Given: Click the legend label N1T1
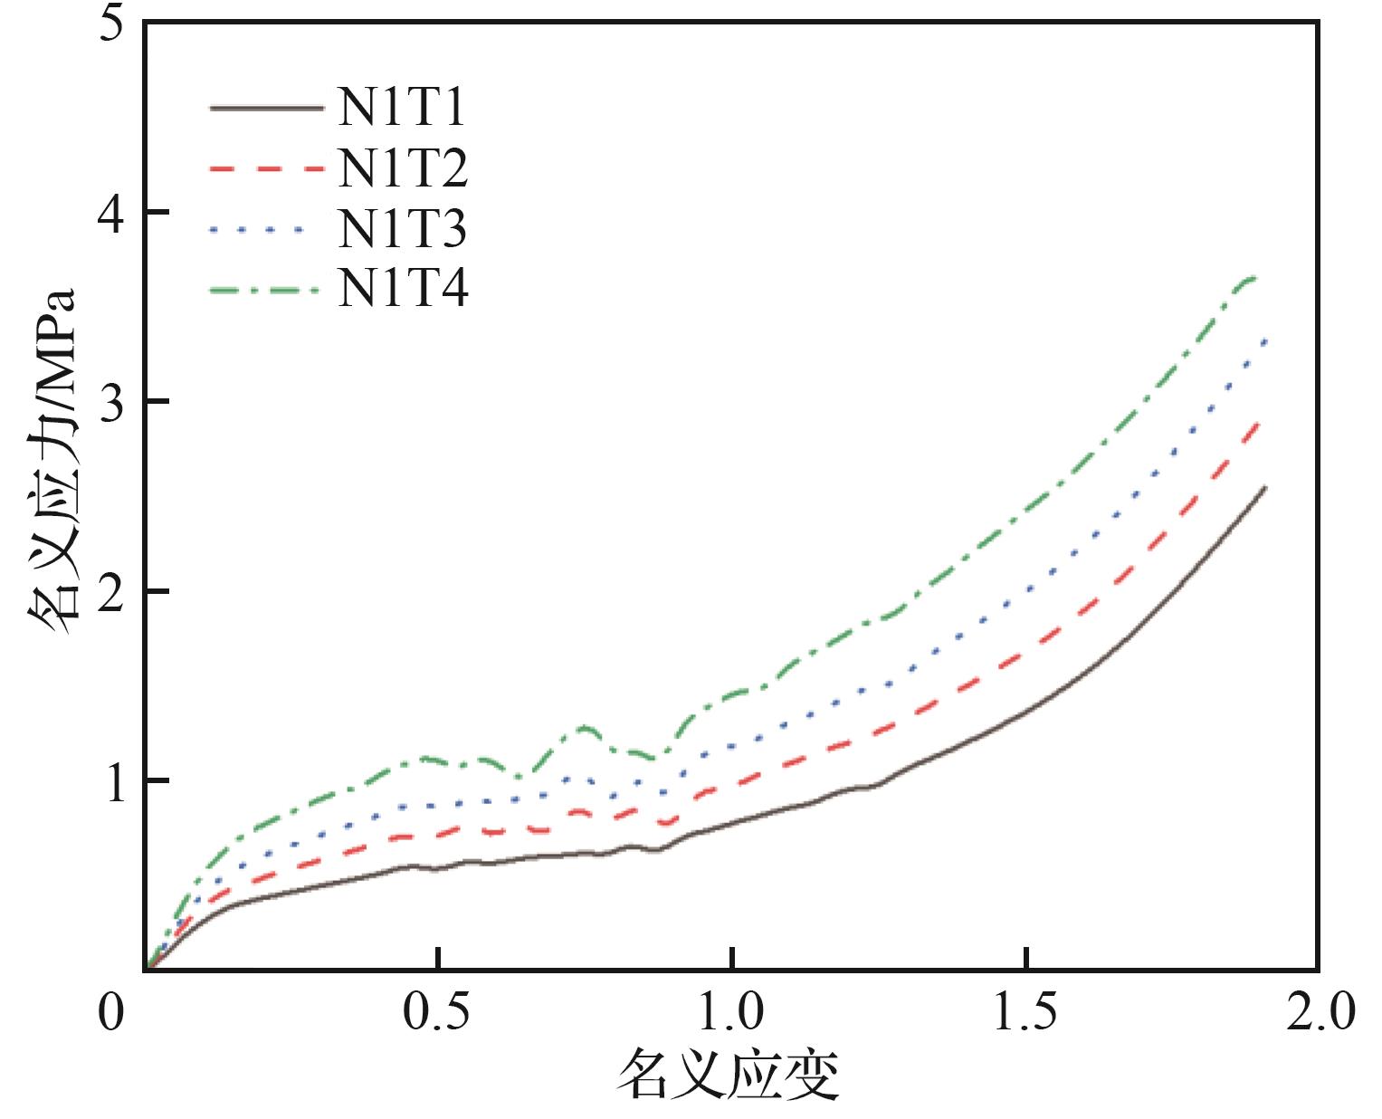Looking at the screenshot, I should coord(403,109).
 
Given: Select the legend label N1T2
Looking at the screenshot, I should coord(403,168).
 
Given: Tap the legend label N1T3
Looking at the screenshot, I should coord(403,230).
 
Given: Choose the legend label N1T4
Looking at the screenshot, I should coord(403,291).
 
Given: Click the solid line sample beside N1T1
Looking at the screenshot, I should coord(266,109).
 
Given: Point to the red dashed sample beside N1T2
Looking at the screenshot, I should coord(266,168).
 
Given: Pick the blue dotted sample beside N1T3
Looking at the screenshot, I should coord(266,230).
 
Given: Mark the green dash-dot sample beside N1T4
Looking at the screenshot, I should coord(266,291).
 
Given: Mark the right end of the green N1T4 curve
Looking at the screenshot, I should coord(1258,279).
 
